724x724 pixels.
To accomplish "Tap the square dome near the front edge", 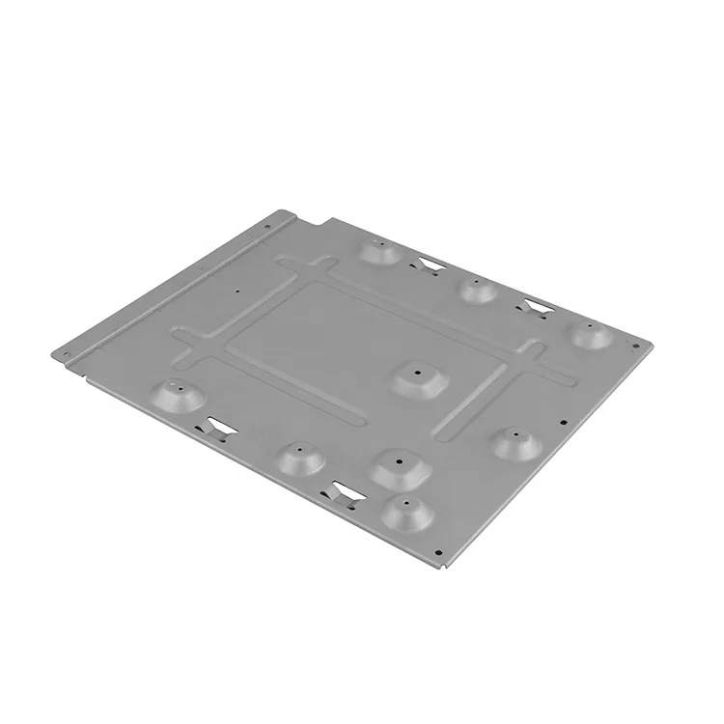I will click(399, 467).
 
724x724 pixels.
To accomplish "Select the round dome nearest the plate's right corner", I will click(591, 334).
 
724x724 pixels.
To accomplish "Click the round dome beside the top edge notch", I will click(380, 251).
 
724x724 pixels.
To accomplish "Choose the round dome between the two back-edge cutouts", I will click(476, 289).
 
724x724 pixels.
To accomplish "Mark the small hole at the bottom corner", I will click(439, 553).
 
